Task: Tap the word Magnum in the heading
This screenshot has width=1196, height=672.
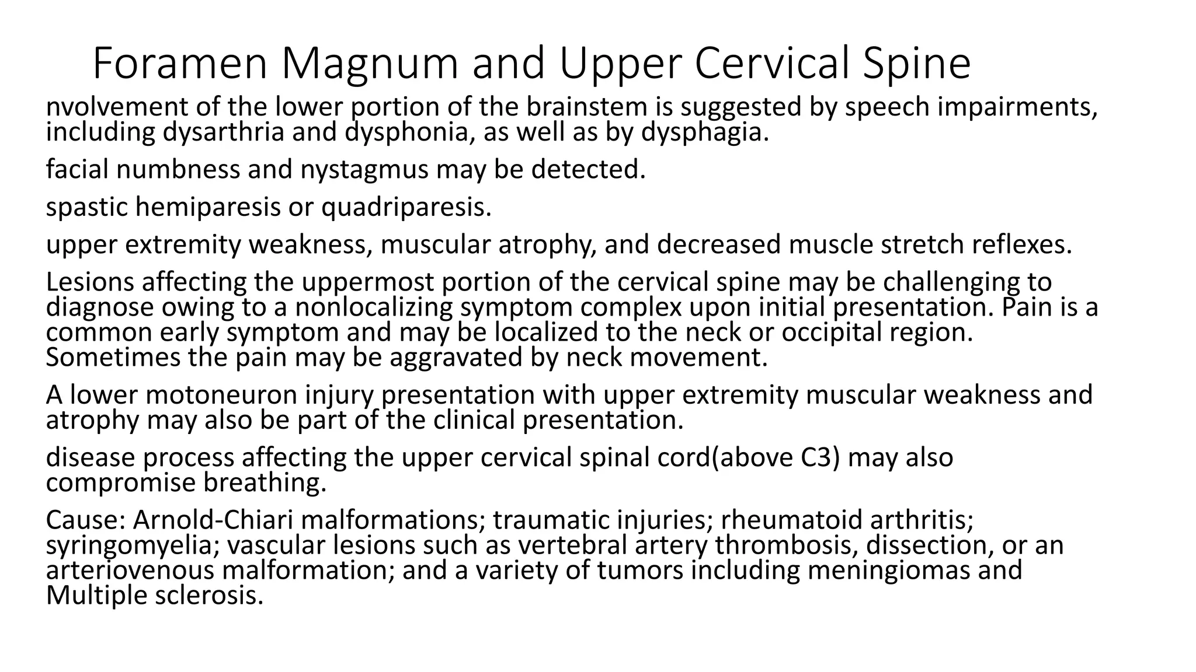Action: pos(371,64)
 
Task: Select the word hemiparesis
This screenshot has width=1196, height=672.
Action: pos(208,207)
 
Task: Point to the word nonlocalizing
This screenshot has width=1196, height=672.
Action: pos(374,307)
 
